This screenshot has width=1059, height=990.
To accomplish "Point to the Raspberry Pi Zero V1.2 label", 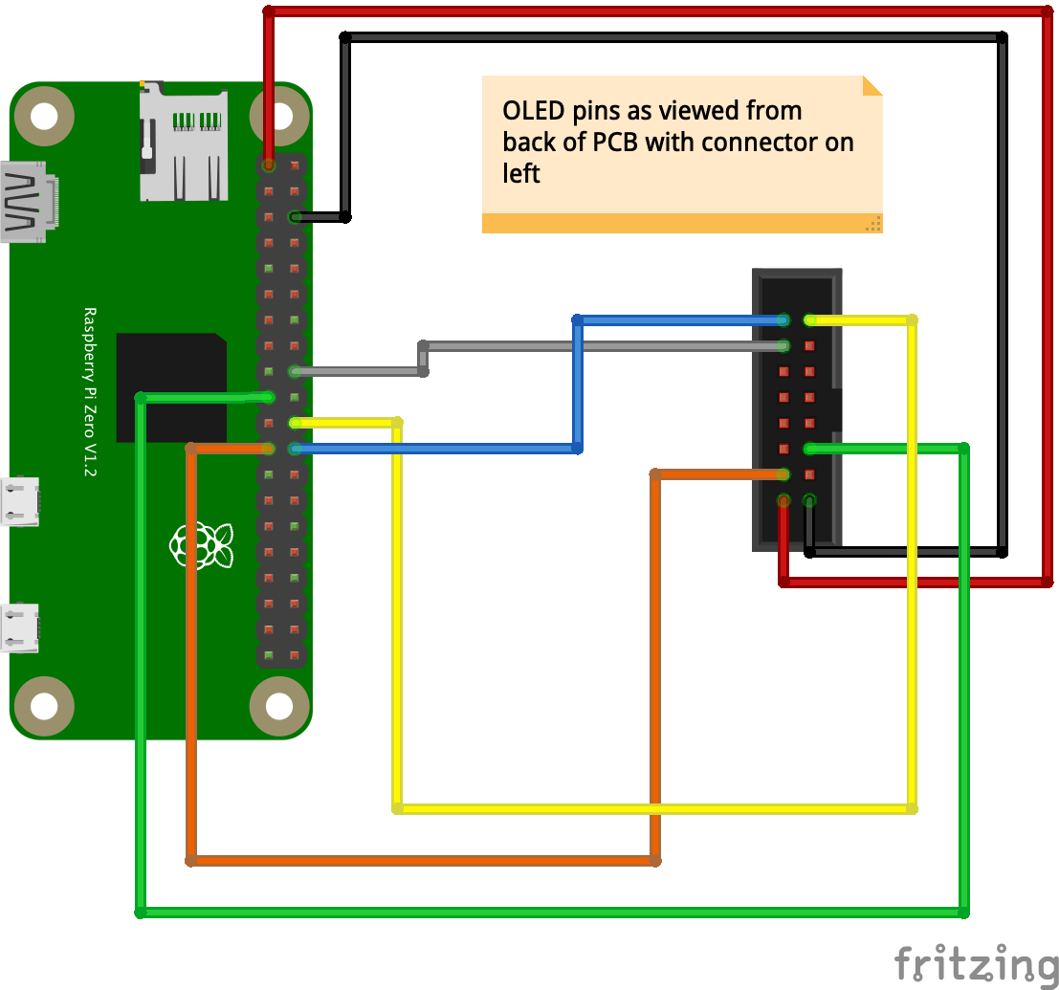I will coord(91,391).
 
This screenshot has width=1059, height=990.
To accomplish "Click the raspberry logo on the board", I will coord(202,544).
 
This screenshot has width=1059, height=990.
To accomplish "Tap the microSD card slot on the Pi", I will coord(184,143).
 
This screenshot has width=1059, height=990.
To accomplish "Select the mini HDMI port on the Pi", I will coord(29,202).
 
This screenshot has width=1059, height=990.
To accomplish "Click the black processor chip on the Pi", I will coord(171,387).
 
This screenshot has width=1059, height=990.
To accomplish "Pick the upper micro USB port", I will coord(21,501).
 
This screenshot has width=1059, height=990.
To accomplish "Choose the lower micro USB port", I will coord(21,627).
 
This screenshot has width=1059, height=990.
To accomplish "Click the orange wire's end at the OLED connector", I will coord(783,474).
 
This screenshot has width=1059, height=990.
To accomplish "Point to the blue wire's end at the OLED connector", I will coord(783,319).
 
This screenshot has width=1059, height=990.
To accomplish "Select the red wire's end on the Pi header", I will coord(269,165).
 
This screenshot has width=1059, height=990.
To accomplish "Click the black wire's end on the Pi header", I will coord(296,217).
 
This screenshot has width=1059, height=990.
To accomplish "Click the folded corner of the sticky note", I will coord(871,86).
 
